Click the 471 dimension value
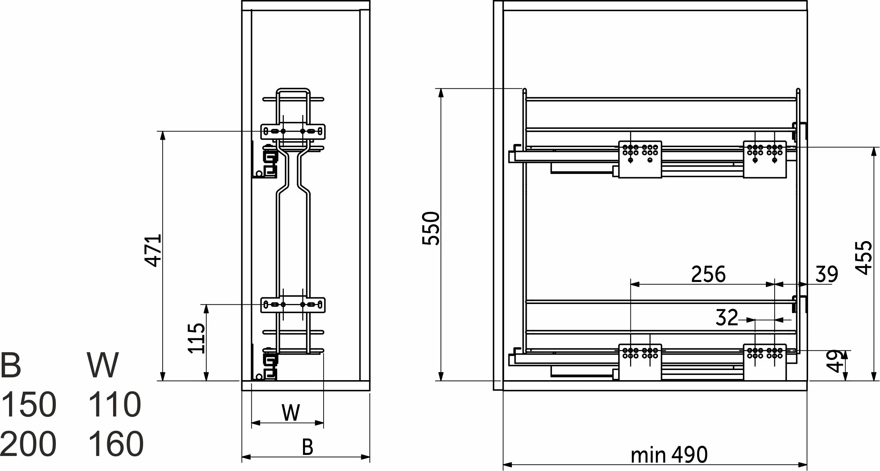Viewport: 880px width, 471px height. pos(153,250)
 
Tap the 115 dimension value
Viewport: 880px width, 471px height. pos(196,338)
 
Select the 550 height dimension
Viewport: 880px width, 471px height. pos(430,228)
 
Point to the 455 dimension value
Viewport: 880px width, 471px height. pos(864,258)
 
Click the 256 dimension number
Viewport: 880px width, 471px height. pos(708,274)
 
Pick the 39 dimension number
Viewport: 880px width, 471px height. pos(827,274)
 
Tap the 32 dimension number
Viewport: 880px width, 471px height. pos(727,317)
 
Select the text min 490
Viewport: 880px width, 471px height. pos(669,455)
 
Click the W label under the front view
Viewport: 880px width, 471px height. pos(291,413)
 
